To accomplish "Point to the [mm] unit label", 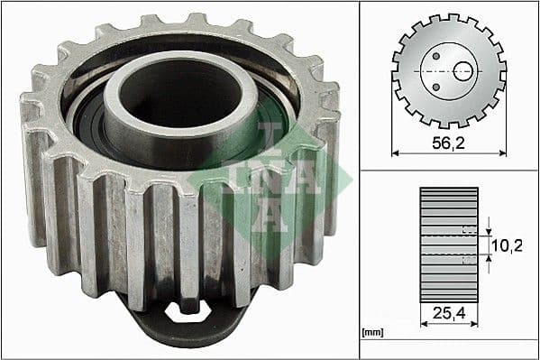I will [371, 333].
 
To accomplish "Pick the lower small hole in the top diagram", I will [435, 87].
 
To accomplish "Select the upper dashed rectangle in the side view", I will [467, 229].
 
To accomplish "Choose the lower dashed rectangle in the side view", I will [467, 259].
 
